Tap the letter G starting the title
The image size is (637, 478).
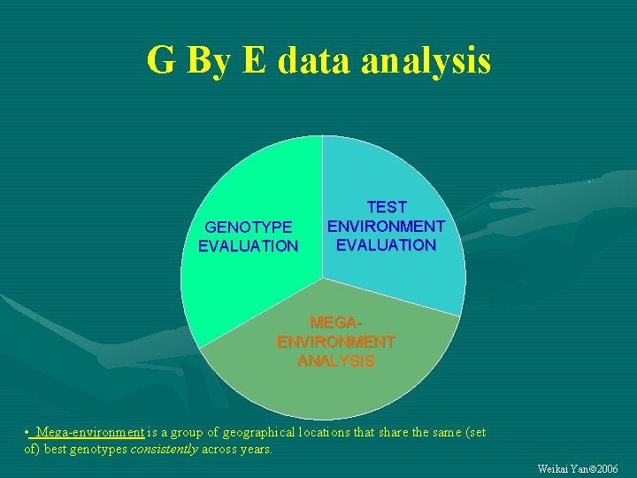pos(161,60)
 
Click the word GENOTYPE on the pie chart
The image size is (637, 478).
pos(249,227)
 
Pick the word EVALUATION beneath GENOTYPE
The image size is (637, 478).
pos(249,246)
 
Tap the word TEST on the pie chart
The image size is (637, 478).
pos(387,207)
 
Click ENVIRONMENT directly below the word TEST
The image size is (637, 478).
pos(387,226)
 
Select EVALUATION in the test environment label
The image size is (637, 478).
pos(387,244)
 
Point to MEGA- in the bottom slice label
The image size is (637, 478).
pos(336,323)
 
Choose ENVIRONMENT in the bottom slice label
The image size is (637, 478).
pos(336,342)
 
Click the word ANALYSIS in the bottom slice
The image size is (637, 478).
pos(336,360)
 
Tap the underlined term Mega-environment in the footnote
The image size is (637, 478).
pos(90,433)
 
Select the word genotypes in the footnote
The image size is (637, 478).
pos(97,449)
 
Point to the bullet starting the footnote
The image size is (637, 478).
pos(28,433)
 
